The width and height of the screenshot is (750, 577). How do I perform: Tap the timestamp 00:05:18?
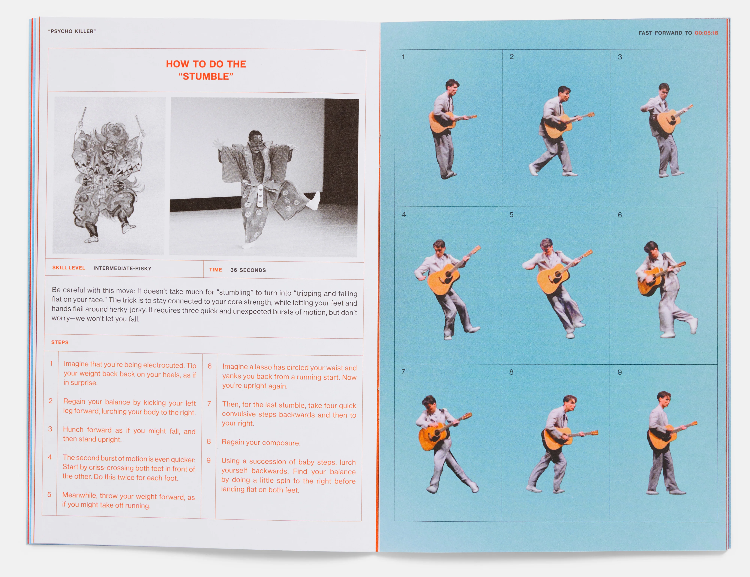click(706, 33)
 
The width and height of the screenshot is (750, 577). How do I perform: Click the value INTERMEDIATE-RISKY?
click(122, 268)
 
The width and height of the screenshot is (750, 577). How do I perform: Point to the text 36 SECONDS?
click(248, 270)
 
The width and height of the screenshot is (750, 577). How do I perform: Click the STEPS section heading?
click(60, 342)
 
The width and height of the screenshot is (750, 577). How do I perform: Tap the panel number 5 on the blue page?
click(511, 214)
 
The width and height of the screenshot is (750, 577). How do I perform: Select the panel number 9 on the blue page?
click(619, 372)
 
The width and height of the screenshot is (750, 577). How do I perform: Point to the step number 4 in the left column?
click(50, 457)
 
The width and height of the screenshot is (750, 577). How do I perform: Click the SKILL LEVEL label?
click(69, 268)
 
